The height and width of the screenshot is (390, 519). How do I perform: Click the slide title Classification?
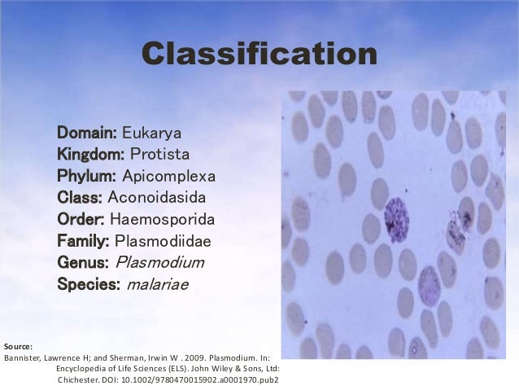pyautogui.click(x=259, y=55)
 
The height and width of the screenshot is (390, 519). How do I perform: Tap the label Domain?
pyautogui.click(x=87, y=132)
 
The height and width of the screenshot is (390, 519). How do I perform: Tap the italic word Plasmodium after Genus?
pyautogui.click(x=160, y=263)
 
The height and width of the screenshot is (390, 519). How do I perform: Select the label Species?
pyautogui.click(x=89, y=285)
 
